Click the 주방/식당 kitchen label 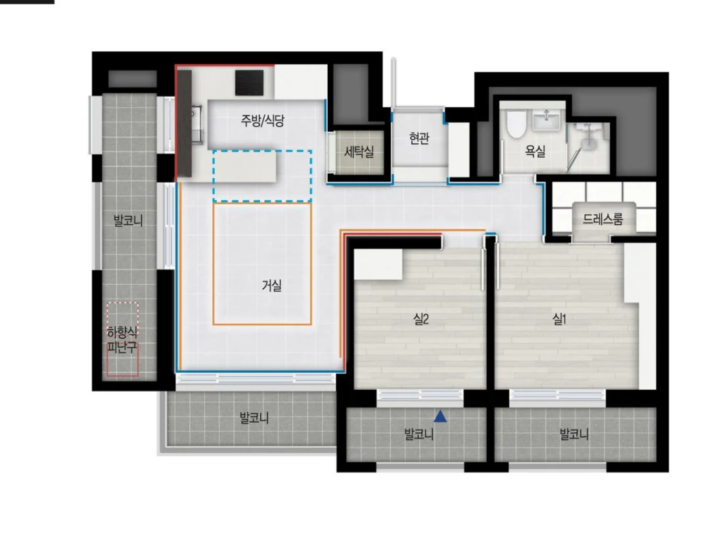tap(263, 121)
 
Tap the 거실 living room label tap(272, 285)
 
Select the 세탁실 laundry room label tap(359, 152)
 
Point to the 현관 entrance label tap(419, 138)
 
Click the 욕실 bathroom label tap(535, 151)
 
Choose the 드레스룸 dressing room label tap(602, 219)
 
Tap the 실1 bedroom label tap(559, 319)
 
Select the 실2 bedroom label tap(421, 319)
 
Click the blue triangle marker tap(440, 417)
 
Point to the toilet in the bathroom tap(515, 124)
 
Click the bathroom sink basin tap(547, 120)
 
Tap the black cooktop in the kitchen tap(249, 82)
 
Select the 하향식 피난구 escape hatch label tap(122, 340)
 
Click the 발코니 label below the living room tap(254, 419)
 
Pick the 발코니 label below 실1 tap(574, 434)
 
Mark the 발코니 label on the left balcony tap(128, 220)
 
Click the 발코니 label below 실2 tap(419, 434)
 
